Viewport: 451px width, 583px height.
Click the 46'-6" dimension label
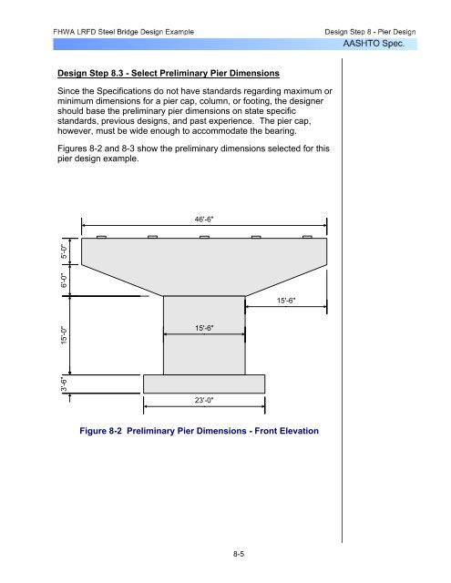point(205,219)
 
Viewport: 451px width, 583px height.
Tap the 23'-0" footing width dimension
point(205,397)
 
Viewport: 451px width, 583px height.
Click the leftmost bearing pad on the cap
point(101,237)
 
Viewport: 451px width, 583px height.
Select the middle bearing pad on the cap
point(205,237)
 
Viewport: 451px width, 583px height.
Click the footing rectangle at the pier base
point(205,383)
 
